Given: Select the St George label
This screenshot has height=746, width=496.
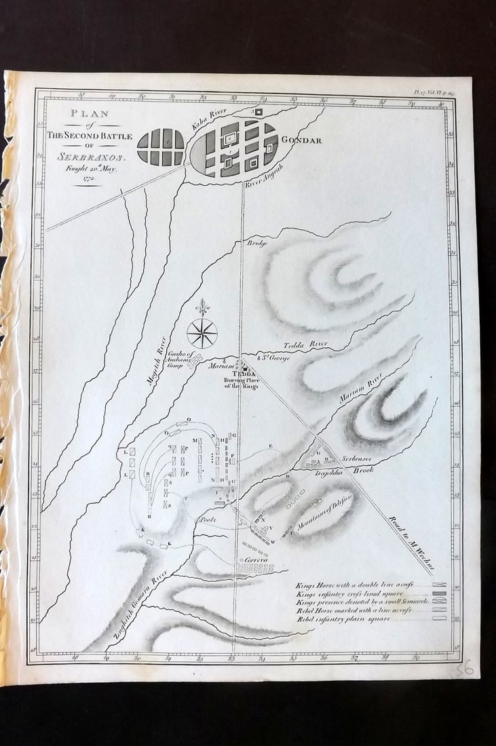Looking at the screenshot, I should click(274, 357).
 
